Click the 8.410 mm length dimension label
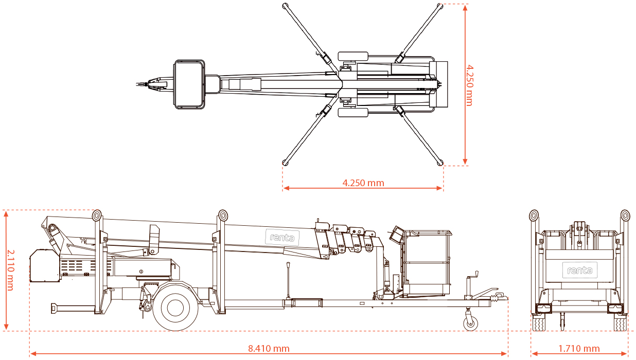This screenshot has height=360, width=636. [269, 349]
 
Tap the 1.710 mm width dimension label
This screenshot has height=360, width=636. [579, 349]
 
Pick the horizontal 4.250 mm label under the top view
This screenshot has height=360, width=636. [363, 183]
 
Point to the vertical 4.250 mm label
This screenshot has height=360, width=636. [469, 85]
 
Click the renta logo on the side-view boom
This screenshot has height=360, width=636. [281, 238]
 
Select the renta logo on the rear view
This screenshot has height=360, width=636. [579, 270]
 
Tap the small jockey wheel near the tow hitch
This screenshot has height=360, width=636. [470, 324]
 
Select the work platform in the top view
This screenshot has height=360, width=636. [189, 84]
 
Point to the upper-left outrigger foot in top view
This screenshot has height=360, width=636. [285, 6]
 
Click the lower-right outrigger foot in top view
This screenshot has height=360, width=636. [440, 163]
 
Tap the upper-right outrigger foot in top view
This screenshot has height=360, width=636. [440, 6]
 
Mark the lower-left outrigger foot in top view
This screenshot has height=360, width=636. [285, 163]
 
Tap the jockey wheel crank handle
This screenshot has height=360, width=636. [476, 274]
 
